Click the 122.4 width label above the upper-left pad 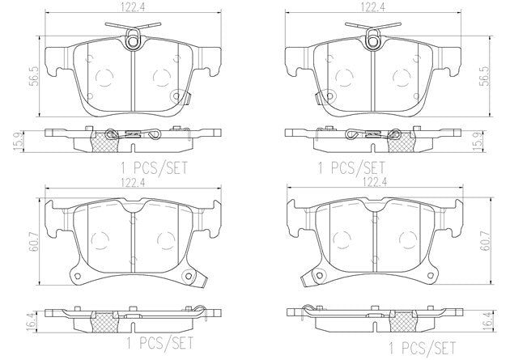(133, 7)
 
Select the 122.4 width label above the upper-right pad (373, 7)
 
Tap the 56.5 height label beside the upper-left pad (35, 76)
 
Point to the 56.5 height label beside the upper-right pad (486, 76)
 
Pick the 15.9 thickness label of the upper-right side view (478, 140)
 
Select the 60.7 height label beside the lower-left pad (35, 242)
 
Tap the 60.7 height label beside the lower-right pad (486, 242)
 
